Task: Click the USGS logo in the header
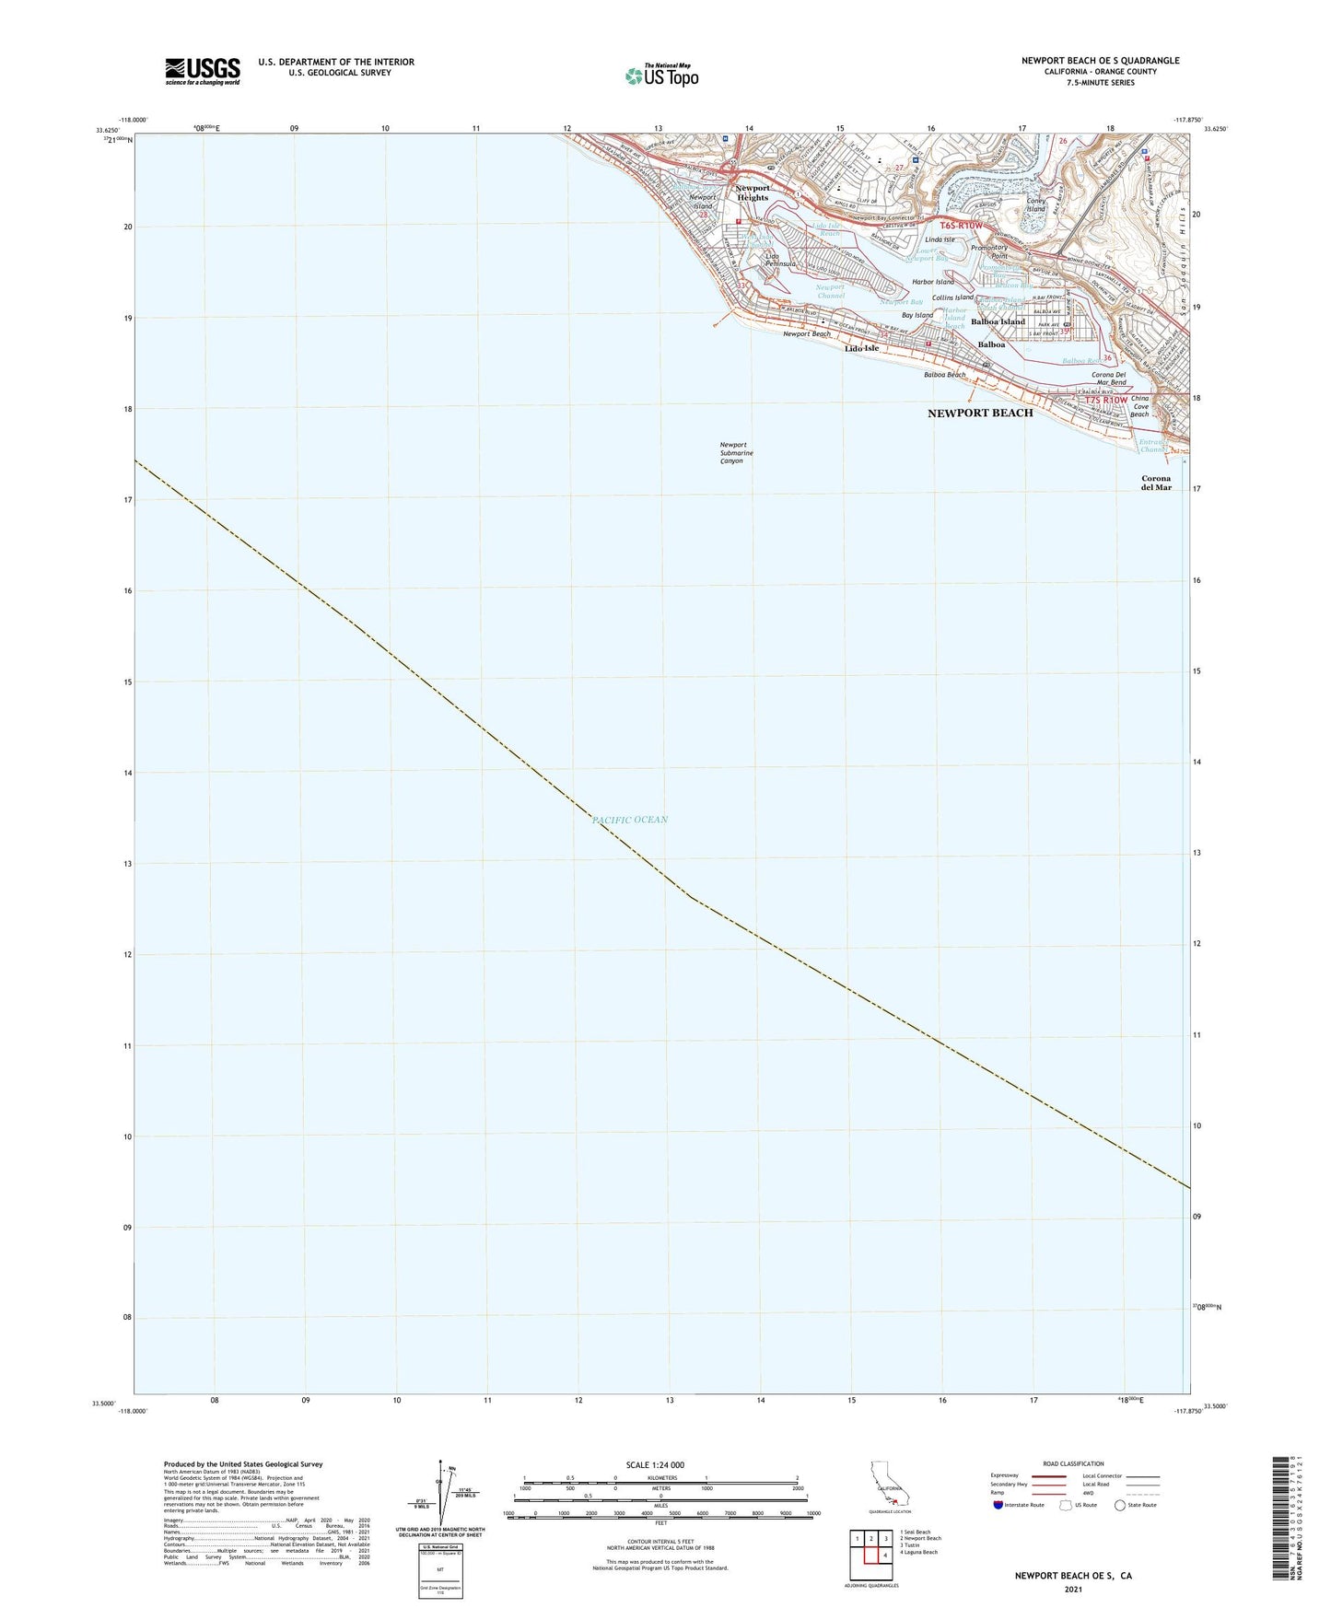(203, 71)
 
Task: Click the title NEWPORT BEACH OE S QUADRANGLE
(1100, 61)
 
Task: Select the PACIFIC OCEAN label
(630, 820)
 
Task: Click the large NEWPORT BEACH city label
(980, 414)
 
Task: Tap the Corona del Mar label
(1156, 483)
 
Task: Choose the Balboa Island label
(998, 321)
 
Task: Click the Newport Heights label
(753, 192)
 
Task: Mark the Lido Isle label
(861, 348)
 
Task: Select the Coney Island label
(1036, 204)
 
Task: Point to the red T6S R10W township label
(962, 225)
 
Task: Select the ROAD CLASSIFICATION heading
(1073, 1463)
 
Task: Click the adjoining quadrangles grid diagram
(870, 1551)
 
